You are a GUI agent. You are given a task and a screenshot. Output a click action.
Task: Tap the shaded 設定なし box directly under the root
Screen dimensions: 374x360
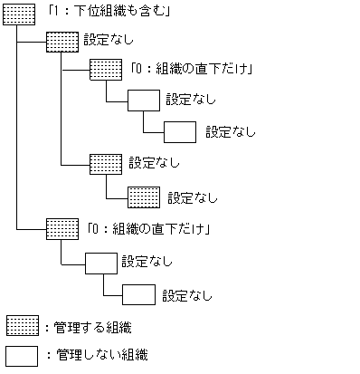(62, 42)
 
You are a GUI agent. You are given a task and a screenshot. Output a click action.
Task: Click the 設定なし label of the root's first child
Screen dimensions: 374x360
(108, 41)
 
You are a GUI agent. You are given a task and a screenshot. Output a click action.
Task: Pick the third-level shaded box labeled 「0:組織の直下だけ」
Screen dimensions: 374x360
(106, 71)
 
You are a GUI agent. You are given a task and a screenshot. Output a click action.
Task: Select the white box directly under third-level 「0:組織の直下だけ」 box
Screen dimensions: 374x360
(144, 101)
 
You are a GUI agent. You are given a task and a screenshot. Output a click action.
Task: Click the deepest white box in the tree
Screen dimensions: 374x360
(181, 131)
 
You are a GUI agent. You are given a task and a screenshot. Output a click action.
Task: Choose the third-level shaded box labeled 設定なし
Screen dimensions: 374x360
(106, 164)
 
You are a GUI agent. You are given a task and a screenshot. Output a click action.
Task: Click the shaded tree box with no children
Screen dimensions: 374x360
(144, 196)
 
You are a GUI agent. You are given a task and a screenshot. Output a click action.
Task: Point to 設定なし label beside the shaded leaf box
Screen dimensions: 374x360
(193, 196)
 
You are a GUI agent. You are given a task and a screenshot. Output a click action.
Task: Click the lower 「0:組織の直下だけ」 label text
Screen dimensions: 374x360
(150, 227)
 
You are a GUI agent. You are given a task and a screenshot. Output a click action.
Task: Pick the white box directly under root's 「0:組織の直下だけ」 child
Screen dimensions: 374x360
(101, 263)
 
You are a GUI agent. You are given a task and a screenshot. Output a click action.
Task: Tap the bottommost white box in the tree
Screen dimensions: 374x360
(138, 294)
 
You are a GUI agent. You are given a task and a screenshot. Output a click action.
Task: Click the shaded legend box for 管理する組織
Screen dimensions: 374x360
(22, 325)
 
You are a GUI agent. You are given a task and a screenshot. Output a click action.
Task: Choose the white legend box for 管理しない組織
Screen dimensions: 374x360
(22, 354)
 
